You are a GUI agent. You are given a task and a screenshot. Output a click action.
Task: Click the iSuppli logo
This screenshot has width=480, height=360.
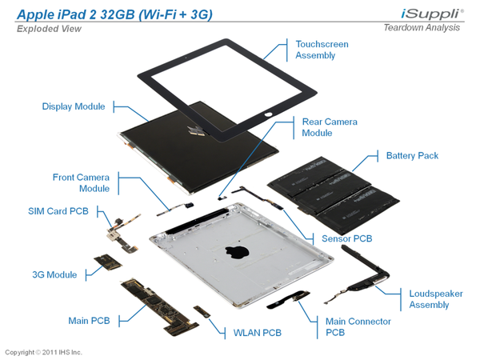coord(432,14)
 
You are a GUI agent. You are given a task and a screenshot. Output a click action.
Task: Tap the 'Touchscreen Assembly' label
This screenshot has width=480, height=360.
coord(322,50)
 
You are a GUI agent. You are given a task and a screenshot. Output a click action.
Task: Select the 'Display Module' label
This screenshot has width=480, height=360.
coord(74,106)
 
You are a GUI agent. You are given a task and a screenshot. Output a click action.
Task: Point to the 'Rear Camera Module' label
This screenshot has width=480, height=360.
coord(330,127)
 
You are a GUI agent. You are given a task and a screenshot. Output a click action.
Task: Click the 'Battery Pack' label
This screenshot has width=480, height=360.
coord(412,155)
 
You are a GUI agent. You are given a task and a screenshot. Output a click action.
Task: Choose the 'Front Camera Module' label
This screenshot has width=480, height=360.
coord(81,182)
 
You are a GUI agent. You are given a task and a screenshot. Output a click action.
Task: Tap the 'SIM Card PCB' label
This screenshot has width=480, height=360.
coord(58,211)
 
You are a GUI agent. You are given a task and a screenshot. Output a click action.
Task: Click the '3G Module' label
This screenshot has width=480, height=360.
coord(54,274)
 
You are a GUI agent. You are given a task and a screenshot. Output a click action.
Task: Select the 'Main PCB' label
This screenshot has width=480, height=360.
coord(89,321)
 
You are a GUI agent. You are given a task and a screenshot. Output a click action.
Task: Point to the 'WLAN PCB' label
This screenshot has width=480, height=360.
coord(257,333)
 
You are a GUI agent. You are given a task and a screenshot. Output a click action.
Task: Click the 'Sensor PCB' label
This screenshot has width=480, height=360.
coord(347,238)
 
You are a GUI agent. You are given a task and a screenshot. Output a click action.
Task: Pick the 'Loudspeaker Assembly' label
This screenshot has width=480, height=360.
coord(436,299)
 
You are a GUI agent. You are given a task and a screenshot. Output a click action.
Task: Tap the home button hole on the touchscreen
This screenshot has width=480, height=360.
coord(268,114)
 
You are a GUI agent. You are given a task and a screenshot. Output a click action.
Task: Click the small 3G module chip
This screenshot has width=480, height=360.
coord(108,262)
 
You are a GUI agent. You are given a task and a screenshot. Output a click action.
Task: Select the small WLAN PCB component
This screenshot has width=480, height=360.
coord(202,311)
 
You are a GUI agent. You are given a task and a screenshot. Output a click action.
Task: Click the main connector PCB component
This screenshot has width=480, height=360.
coord(288,299)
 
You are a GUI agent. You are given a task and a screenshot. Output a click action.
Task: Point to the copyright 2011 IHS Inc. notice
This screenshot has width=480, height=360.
coord(43,352)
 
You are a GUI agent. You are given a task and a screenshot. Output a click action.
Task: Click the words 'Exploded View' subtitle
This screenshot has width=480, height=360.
coord(49,29)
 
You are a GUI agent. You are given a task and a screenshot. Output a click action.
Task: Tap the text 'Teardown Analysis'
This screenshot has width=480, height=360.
coord(422,27)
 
